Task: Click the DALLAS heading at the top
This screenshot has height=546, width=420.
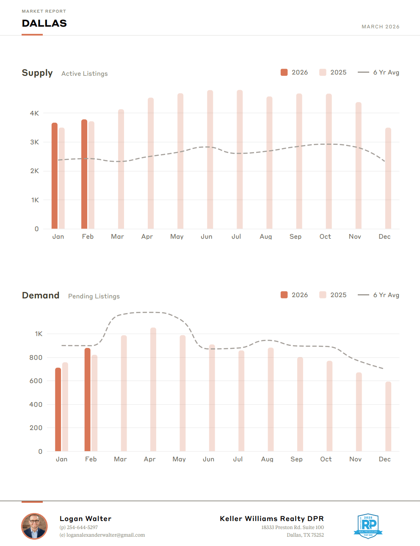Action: coord(44,23)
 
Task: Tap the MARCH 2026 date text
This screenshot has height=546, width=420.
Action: coord(380,27)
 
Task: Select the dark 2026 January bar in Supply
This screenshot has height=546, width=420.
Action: coord(55,176)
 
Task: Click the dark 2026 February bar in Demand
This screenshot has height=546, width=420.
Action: coord(87,400)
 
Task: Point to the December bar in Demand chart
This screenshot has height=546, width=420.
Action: coord(388,416)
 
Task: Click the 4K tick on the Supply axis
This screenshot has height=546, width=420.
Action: coord(34,113)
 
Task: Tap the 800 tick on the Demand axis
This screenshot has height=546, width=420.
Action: coord(36,357)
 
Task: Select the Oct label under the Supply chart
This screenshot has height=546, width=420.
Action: coord(325,237)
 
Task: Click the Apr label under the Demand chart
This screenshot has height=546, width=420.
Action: coord(149,459)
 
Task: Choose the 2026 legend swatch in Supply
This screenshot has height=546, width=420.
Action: coord(284,72)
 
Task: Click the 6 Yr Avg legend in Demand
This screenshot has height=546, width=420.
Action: coord(379,295)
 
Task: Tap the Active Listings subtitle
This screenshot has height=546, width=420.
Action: coord(85,74)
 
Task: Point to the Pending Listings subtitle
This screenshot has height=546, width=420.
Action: coord(94,296)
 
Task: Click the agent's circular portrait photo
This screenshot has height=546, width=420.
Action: coord(34,526)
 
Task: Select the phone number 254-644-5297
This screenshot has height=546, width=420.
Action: coord(82,527)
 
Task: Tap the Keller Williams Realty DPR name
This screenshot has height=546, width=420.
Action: coord(272,518)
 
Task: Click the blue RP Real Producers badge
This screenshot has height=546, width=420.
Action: coord(368,526)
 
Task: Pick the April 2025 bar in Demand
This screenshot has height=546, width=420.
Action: coord(153,389)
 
